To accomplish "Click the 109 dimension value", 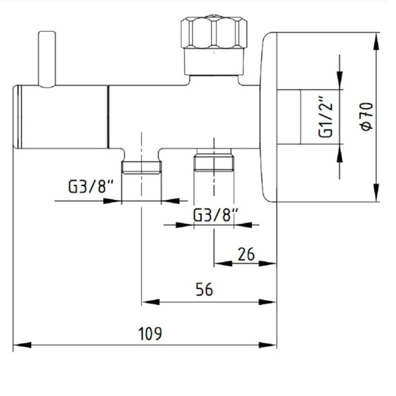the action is coord(150,333).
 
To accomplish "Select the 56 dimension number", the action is coord(205,290).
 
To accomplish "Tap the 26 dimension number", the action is coord(246,254).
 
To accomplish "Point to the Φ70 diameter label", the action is coord(367,117).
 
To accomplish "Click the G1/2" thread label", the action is coord(325,117).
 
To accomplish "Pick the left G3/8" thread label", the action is coord(90,186).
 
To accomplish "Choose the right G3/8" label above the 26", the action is coord(215,215).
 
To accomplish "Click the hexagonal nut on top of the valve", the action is coord(214,32).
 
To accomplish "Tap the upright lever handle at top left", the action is coord(47,59).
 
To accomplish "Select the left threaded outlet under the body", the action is coord(141,168).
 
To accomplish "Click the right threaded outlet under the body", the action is coord(214,160).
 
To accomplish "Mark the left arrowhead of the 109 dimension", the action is coord(22,345).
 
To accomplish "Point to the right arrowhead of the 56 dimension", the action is coord(268,302).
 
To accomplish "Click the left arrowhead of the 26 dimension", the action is coord(223,263).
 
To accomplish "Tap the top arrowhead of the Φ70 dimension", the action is coord(376,42).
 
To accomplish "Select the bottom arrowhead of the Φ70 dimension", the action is coord(376,193).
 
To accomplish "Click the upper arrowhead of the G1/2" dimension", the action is coord(340,81).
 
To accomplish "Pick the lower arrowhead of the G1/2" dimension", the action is coord(340,153).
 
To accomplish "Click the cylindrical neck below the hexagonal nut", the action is coord(214,61).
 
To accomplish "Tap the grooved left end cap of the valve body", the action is coord(18,117).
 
